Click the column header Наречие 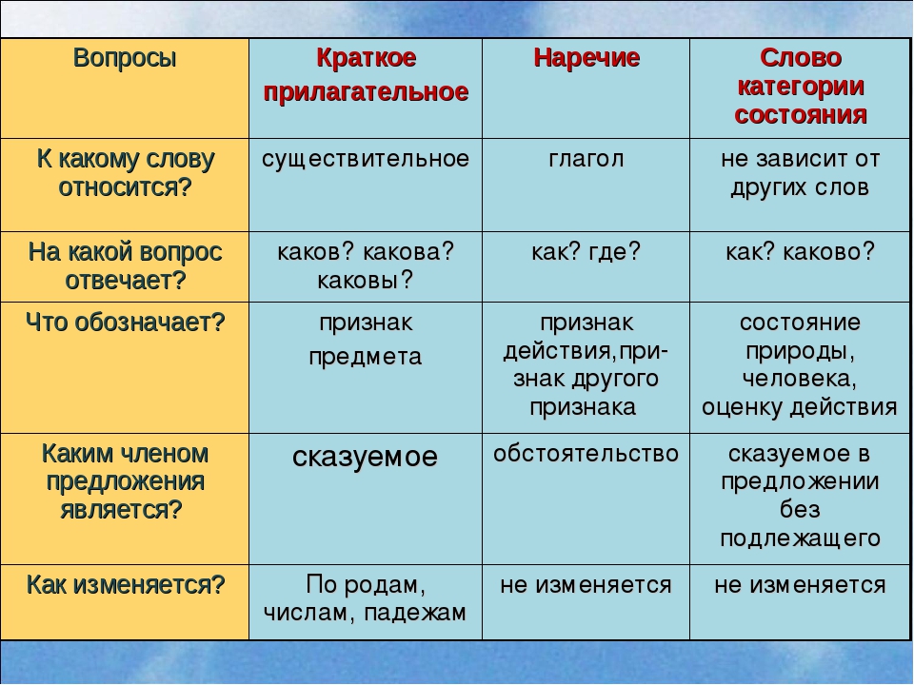[x=586, y=58]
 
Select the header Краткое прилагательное [x=366, y=75]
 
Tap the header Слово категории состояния [x=801, y=87]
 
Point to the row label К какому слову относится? [x=125, y=173]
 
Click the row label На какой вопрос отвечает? [x=125, y=266]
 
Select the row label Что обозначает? [x=125, y=323]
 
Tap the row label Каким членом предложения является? [x=125, y=481]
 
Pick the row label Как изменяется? [x=125, y=584]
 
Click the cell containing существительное [x=366, y=159]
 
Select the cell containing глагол [x=586, y=159]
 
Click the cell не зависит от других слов [x=801, y=173]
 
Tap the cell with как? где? [x=586, y=251]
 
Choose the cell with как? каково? [x=801, y=251]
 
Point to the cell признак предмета [x=366, y=339]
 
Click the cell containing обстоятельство [x=586, y=454]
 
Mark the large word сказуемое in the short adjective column [x=365, y=457]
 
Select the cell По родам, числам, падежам [x=365, y=598]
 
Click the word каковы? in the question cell [x=366, y=280]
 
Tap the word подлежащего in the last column [x=801, y=538]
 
